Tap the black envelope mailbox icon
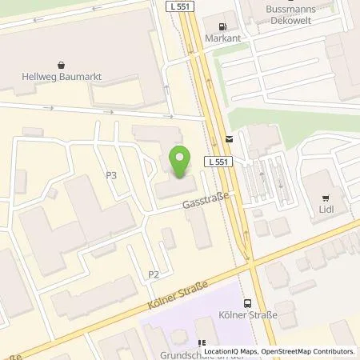tap(230, 138)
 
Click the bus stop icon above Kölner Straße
tap(246, 302)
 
